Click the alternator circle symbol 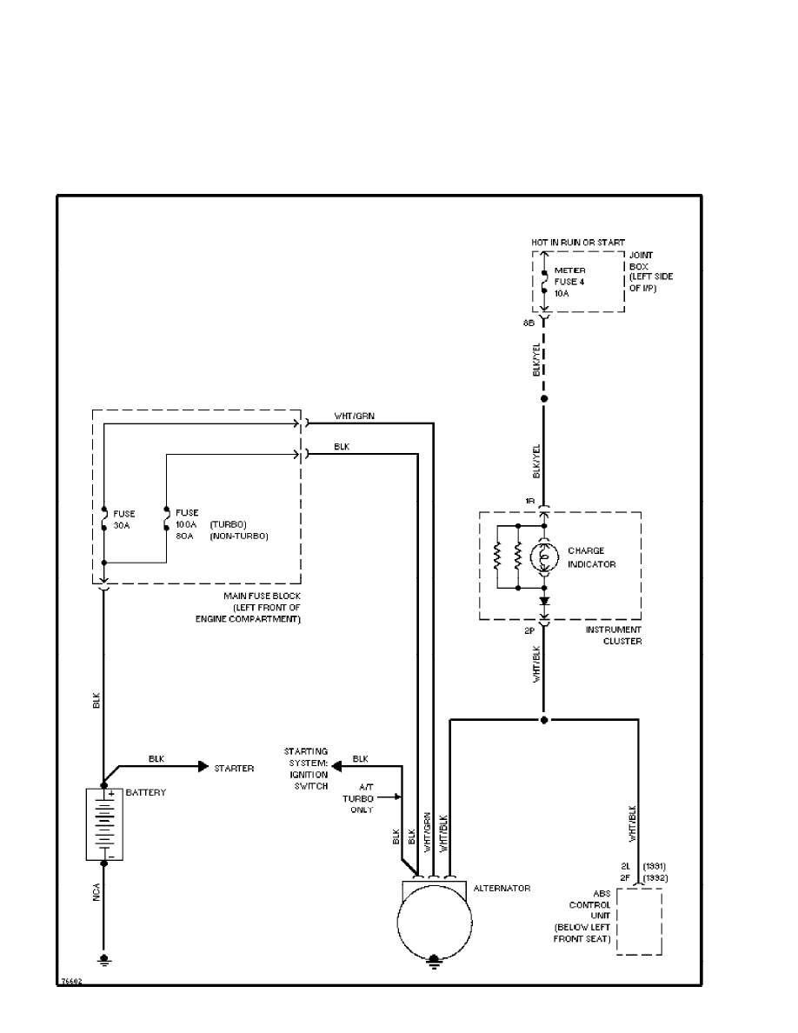[435, 921]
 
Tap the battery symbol [104, 823]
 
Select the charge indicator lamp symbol [544, 556]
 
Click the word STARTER [234, 769]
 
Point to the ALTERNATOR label [502, 888]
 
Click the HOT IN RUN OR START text [578, 242]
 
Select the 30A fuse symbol [103, 519]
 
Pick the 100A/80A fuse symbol [166, 519]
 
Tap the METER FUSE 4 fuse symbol [543, 280]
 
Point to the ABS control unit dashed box [640, 921]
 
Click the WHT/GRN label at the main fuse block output [355, 415]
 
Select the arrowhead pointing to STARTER [203, 766]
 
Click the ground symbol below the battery [104, 960]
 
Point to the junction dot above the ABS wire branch [544, 720]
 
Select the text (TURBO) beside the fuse [228, 524]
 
